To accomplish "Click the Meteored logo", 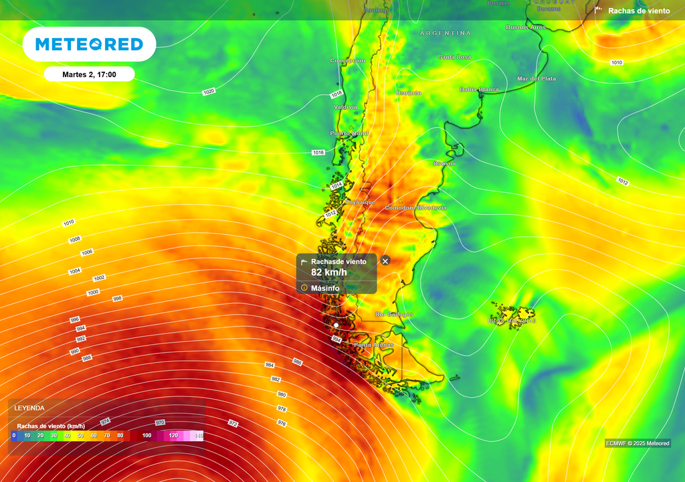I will click(x=89, y=44).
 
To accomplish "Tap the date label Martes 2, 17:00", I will click(x=89, y=74).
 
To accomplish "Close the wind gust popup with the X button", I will click(x=385, y=260).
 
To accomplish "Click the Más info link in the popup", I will click(x=324, y=288).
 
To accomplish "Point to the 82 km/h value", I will click(x=329, y=272).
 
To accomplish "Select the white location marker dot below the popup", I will click(x=336, y=325).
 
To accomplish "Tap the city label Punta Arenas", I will click(x=374, y=345).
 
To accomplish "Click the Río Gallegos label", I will click(x=394, y=314).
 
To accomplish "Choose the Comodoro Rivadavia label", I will click(x=415, y=208).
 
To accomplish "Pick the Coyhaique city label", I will click(x=359, y=202).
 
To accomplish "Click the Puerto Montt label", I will click(x=349, y=133).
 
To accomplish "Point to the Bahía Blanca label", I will click(x=480, y=89).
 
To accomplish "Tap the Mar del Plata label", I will click(x=536, y=78).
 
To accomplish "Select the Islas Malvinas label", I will click(x=512, y=321).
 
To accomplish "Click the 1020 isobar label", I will click(x=209, y=91).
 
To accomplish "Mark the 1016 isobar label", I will click(x=318, y=153).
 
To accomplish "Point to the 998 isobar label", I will click(x=117, y=299).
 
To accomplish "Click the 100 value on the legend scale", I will click(x=146, y=435).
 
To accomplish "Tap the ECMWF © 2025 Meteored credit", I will click(x=638, y=443).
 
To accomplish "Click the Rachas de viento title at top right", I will click(x=638, y=11).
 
